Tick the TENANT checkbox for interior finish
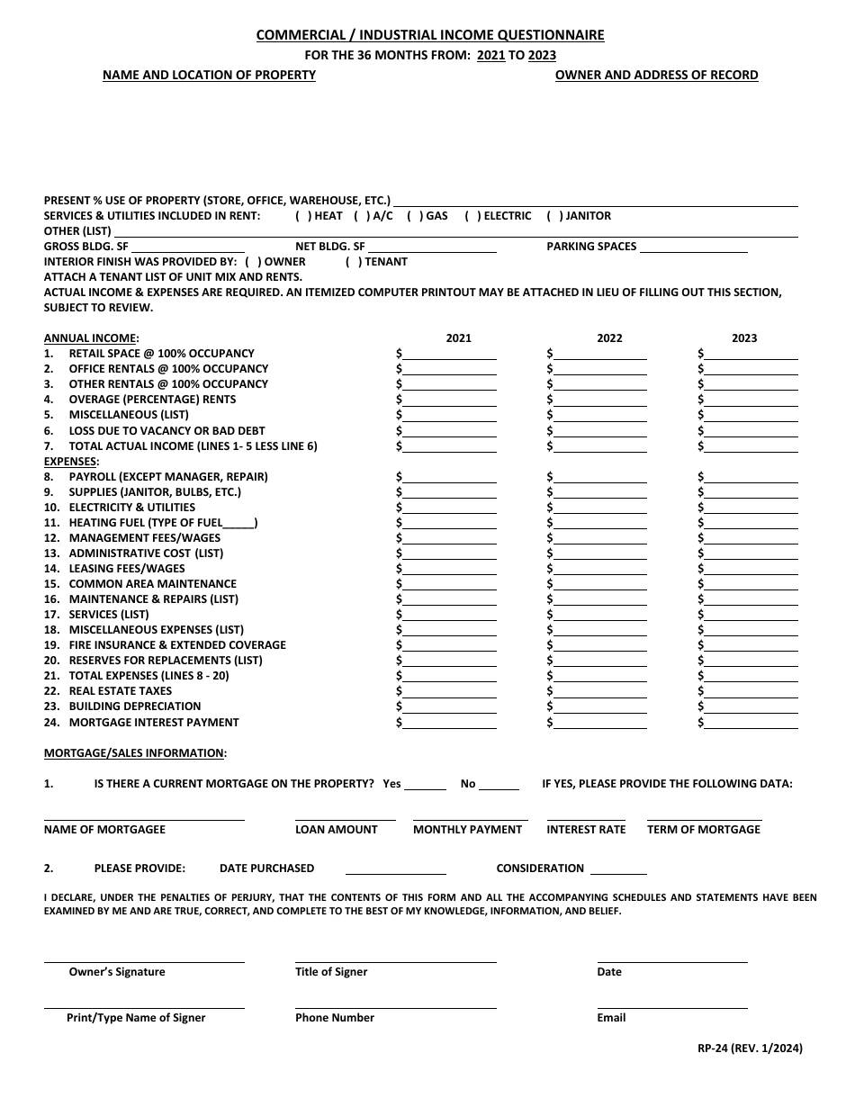coord(354,262)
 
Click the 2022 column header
coord(609,338)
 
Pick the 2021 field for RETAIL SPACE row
coord(450,354)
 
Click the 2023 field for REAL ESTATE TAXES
coord(751,691)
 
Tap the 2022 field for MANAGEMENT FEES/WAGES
coord(600,538)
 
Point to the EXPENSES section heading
coord(72,461)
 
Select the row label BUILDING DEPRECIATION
coord(135,706)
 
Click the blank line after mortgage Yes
coord(426,784)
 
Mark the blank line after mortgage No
coord(499,784)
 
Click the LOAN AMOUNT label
coord(337,830)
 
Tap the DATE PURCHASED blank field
coord(396,868)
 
